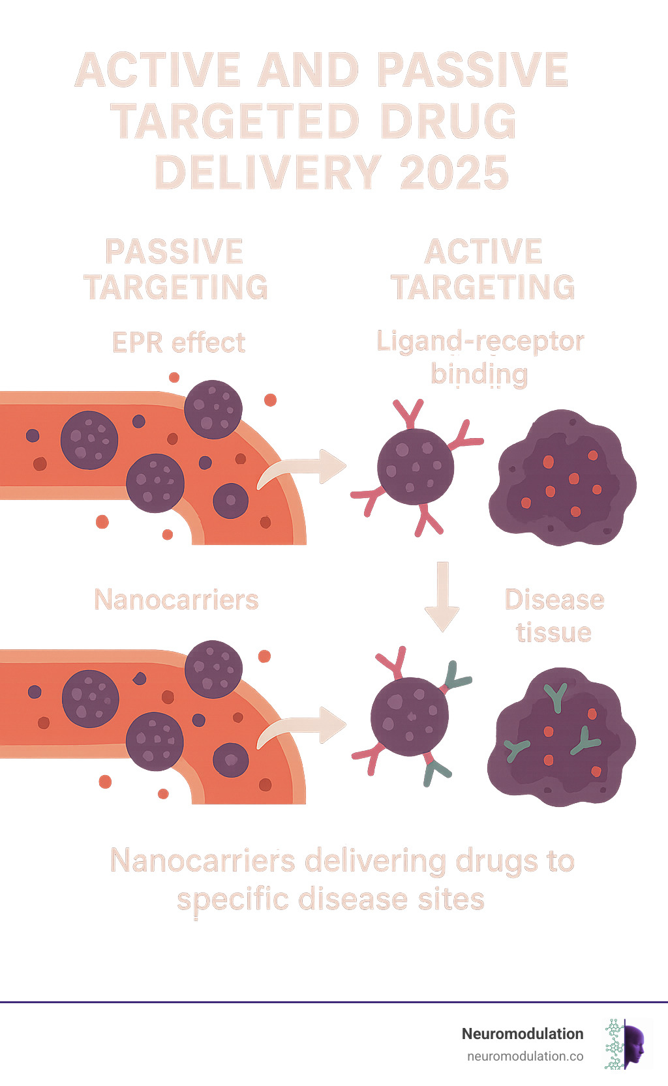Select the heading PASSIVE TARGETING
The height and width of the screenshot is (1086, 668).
pos(175,269)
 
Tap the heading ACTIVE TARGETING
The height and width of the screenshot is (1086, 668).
pos(483,269)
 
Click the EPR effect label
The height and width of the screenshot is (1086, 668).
pos(179,343)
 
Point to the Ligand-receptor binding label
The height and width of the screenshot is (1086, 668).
pos(479,357)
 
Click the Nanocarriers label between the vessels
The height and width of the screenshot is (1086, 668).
pos(176,600)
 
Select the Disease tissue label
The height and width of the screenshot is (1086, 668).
pos(554,616)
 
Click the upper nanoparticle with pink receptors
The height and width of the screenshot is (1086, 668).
pos(416,466)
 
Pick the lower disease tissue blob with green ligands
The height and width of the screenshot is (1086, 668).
pos(561,737)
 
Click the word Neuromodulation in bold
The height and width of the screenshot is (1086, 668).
pos(522,1034)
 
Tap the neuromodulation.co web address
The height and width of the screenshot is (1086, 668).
pos(525,1057)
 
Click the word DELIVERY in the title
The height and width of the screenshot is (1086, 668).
pos(267,173)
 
